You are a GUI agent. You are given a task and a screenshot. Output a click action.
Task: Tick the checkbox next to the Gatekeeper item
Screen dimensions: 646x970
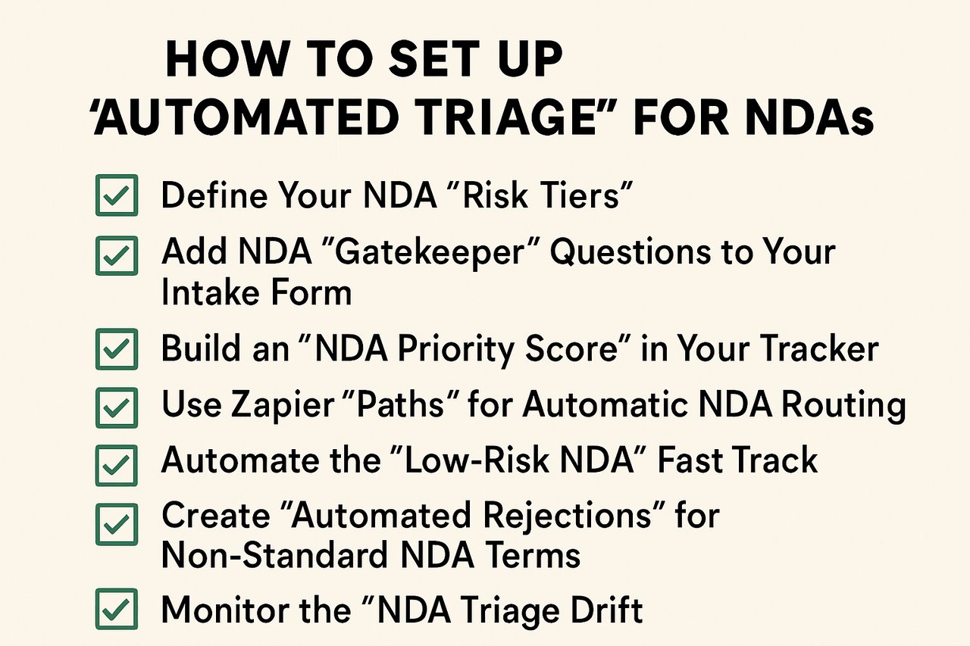(x=116, y=255)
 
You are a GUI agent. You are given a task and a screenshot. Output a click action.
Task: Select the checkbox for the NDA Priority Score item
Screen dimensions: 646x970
(x=116, y=350)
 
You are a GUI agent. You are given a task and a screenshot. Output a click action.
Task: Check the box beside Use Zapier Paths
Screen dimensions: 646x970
(x=116, y=407)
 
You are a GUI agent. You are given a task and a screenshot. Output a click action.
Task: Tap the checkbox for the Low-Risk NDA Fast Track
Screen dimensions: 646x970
(x=116, y=464)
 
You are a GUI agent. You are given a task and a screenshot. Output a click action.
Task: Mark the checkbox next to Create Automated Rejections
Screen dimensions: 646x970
(x=116, y=523)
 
